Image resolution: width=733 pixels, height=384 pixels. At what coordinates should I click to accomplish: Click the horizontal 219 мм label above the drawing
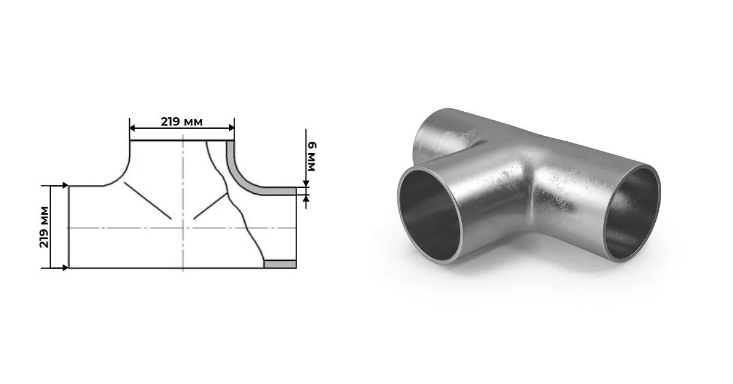click(182, 121)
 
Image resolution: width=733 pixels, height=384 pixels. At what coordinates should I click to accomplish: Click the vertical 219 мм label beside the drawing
click(44, 227)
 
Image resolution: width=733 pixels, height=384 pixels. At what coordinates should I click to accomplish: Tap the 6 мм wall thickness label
click(311, 157)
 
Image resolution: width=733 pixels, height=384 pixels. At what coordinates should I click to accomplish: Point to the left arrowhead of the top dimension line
click(132, 128)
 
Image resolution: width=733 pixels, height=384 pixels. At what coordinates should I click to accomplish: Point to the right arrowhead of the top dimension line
click(232, 128)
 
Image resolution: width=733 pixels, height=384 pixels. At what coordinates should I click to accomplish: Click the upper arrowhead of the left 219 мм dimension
click(65, 185)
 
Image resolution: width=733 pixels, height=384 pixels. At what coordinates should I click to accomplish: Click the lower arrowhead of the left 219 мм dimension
click(65, 268)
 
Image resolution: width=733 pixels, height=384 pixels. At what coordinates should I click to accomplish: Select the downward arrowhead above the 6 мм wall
click(306, 184)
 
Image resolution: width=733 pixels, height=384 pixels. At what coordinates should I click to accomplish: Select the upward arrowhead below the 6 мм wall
click(306, 198)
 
